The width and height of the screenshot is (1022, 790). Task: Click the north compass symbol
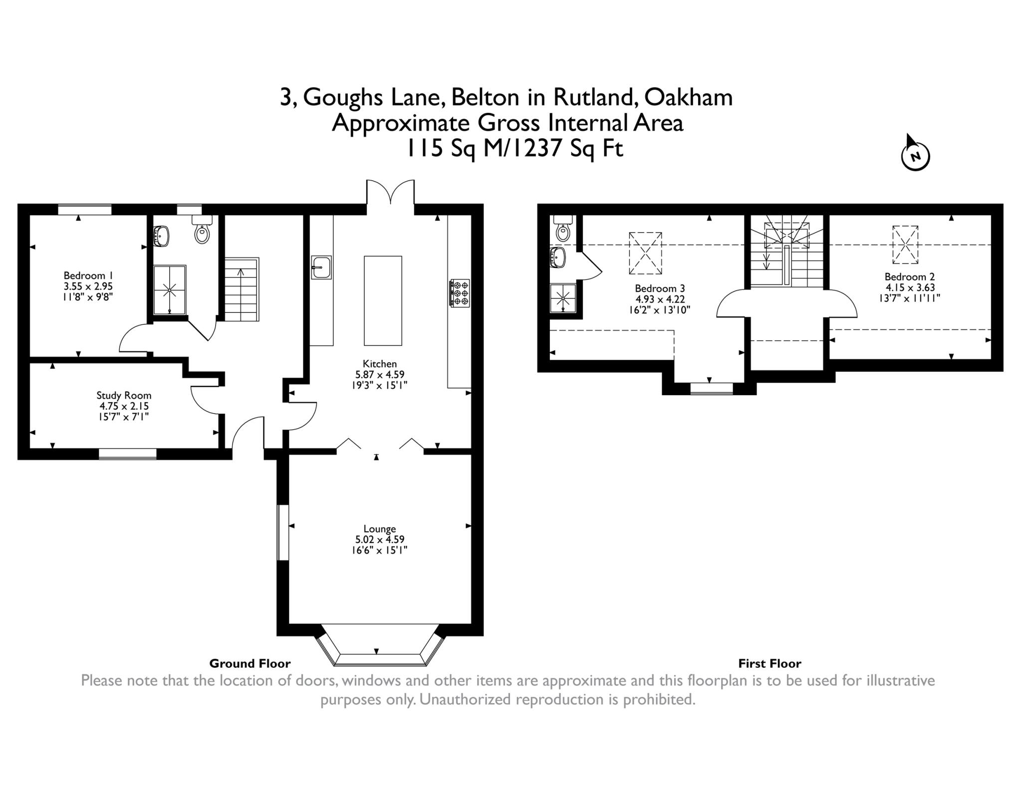[915, 156]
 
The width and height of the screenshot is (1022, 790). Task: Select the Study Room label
[123, 395]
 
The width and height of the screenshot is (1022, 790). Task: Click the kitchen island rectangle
[383, 300]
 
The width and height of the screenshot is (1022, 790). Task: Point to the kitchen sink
[321, 267]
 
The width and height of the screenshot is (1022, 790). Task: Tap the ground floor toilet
[202, 233]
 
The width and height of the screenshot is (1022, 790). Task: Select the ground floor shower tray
[170, 289]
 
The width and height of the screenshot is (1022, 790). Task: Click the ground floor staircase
[242, 289]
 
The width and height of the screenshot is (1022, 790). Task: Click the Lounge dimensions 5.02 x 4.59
[379, 539]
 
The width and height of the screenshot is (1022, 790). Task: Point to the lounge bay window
[379, 649]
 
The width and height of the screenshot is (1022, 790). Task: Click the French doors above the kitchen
[390, 192]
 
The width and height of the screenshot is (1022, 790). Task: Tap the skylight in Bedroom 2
[905, 245]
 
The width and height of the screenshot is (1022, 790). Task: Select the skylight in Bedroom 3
[645, 253]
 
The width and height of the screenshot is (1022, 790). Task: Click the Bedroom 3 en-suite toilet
[563, 231]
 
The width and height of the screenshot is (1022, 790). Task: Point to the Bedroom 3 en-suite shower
[563, 298]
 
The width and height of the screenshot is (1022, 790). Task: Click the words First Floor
[769, 664]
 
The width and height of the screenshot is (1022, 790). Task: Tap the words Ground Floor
[250, 664]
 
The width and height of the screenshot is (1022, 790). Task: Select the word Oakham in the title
[688, 97]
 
